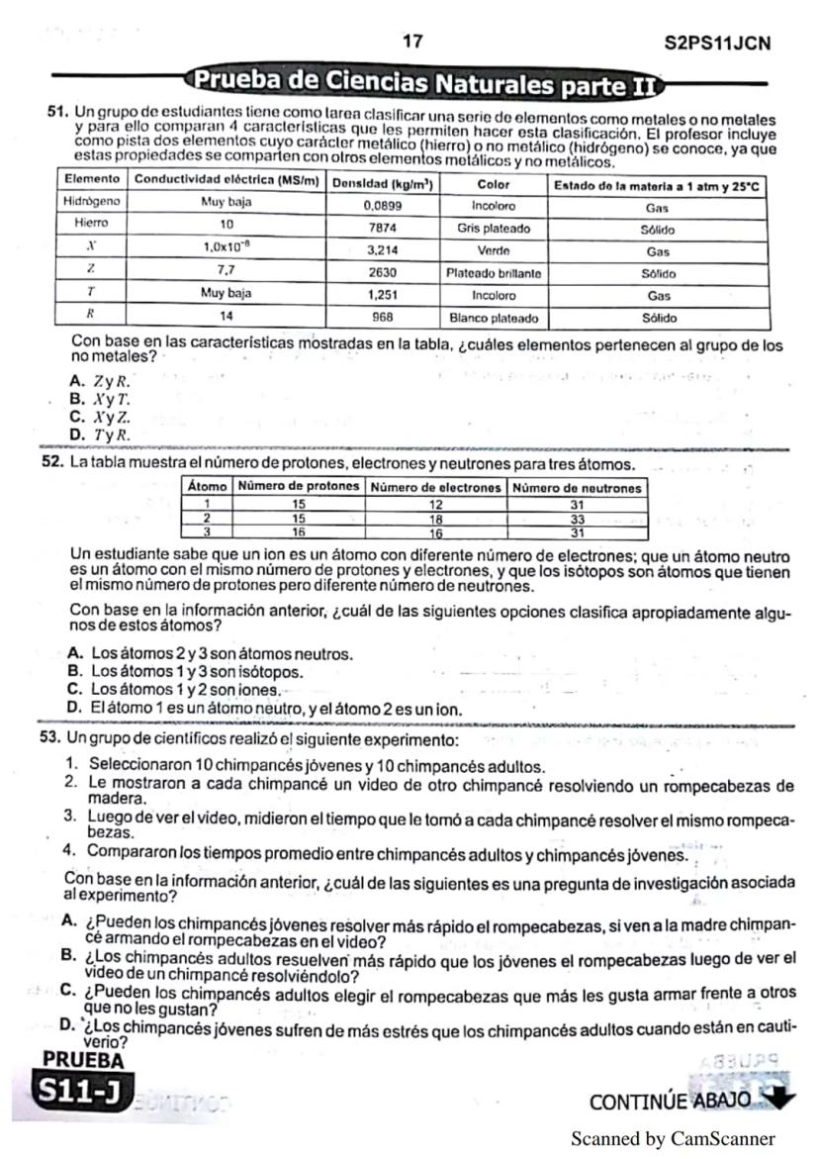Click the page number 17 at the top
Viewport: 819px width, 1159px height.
pos(412,42)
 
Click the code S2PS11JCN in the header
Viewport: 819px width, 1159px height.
pos(719,44)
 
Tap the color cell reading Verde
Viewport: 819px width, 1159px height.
pos(493,251)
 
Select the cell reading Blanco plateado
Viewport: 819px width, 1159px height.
pos(493,319)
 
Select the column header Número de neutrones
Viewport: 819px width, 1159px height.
pos(577,487)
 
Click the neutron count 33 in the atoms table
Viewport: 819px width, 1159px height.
pos(577,518)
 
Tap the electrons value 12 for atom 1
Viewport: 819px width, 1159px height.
pos(435,504)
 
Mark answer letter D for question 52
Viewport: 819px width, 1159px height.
pos(73,709)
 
